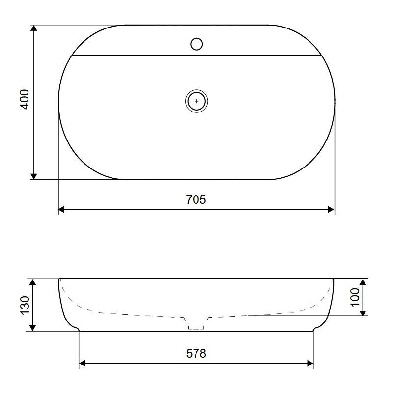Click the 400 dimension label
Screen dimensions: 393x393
[24, 99]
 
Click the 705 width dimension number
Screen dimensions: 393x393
[196, 200]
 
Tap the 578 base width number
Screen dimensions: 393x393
[196, 353]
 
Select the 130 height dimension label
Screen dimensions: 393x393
[25, 305]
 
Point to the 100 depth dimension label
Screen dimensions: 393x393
[355, 297]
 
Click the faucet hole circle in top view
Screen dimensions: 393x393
[196, 44]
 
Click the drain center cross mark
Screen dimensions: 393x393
[196, 101]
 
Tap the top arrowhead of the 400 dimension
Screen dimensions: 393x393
[34, 28]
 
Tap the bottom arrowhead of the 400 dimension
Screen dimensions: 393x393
[34, 176]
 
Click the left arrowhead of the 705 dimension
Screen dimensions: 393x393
[61, 210]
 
